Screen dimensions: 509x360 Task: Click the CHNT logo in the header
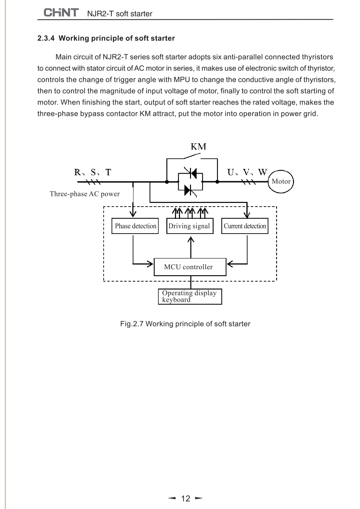pyautogui.click(x=61, y=13)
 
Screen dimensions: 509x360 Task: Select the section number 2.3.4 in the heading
pyautogui.click(x=46, y=38)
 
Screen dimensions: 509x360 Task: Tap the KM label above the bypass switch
pyautogui.click(x=198, y=147)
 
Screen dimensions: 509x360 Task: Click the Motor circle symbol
pyautogui.click(x=281, y=182)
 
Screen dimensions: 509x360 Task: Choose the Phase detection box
pyautogui.click(x=135, y=226)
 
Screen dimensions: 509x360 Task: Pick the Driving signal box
pyautogui.click(x=190, y=226)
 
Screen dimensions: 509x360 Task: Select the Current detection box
pyautogui.click(x=245, y=226)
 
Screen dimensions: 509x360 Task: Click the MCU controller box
pyautogui.click(x=190, y=267)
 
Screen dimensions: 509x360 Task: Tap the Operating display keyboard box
pyautogui.click(x=190, y=296)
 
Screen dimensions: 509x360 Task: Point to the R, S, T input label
pyautogui.click(x=93, y=172)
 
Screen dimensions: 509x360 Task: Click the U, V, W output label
pyautogui.click(x=247, y=172)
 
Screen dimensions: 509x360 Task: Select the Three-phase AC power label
pyautogui.click(x=85, y=194)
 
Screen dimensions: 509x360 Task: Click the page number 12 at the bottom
pyautogui.click(x=186, y=498)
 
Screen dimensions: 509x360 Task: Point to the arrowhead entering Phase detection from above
pyautogui.click(x=133, y=214)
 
